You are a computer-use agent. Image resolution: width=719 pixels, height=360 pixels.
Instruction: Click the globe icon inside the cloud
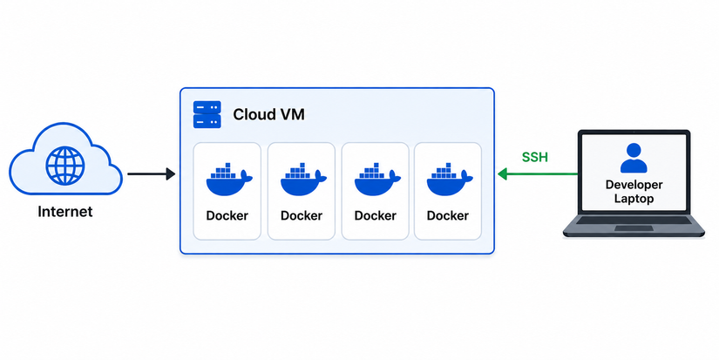click(65, 166)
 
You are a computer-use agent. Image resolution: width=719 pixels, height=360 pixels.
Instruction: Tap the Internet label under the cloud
click(65, 212)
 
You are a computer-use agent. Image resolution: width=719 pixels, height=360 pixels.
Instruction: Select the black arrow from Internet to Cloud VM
click(152, 173)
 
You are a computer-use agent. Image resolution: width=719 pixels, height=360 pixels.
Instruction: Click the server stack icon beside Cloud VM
click(207, 114)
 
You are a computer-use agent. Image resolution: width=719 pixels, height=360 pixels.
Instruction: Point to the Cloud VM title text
click(268, 114)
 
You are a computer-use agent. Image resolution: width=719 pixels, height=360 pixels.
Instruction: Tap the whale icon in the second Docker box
click(303, 179)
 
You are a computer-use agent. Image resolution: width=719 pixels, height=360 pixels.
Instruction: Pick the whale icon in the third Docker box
click(376, 179)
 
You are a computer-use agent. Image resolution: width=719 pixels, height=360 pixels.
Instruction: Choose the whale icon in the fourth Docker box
click(450, 179)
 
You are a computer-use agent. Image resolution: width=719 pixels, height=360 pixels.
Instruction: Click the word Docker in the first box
click(227, 215)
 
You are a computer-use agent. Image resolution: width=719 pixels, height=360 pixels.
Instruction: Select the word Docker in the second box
click(302, 215)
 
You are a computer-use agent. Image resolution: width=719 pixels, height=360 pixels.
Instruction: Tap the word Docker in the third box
click(375, 215)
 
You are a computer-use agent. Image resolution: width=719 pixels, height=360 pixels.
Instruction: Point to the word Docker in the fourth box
click(448, 215)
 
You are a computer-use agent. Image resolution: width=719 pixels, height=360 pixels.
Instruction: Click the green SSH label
click(534, 157)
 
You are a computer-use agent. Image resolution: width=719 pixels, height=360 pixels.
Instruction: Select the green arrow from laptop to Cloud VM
click(538, 173)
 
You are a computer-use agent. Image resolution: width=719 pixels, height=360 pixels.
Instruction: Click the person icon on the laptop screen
click(634, 158)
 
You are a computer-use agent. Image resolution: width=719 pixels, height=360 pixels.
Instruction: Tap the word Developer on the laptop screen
click(634, 186)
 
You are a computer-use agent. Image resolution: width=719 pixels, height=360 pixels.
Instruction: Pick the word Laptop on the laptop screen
click(634, 199)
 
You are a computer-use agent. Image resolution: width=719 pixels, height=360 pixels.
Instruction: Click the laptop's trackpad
click(634, 228)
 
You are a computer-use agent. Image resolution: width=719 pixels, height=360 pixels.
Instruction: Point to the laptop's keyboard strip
click(634, 221)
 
